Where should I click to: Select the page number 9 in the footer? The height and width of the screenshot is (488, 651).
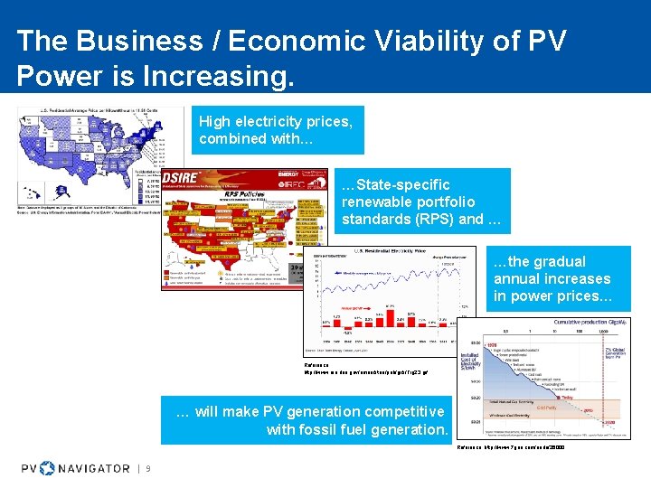147,468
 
